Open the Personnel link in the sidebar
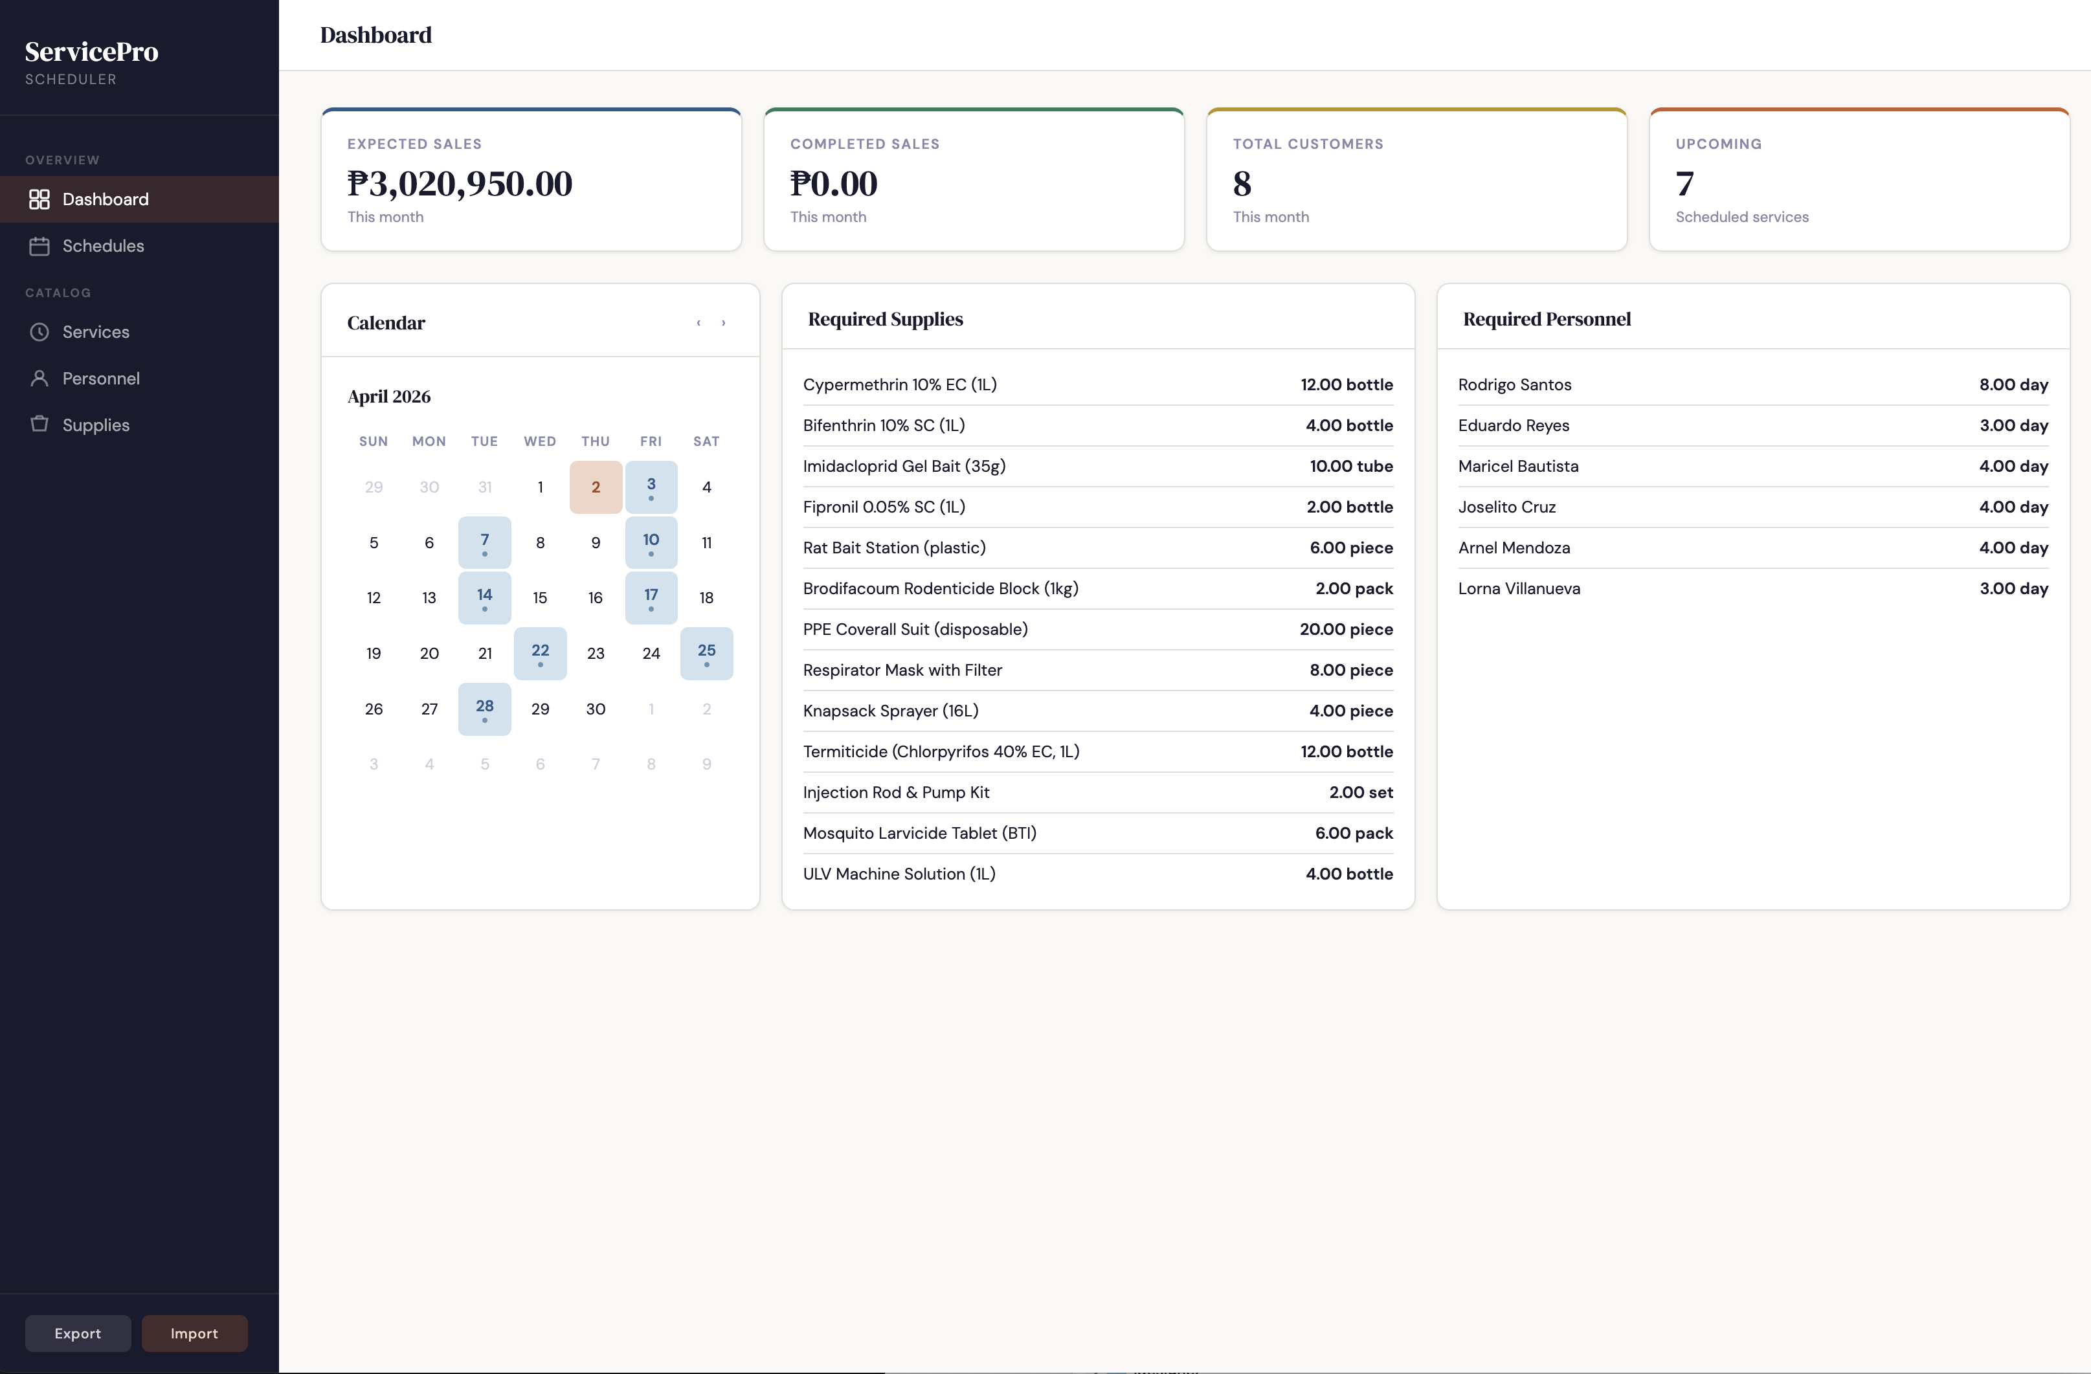coord(100,379)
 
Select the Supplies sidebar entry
coord(95,425)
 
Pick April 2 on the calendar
coord(596,487)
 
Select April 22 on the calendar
coord(541,653)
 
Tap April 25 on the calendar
coord(706,653)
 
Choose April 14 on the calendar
coord(484,597)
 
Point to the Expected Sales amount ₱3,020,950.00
coord(460,184)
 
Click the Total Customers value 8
coord(1242,184)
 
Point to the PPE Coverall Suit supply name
coord(915,630)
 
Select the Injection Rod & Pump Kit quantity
coord(1360,792)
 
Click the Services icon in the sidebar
coord(39,332)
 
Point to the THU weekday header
coord(596,441)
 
